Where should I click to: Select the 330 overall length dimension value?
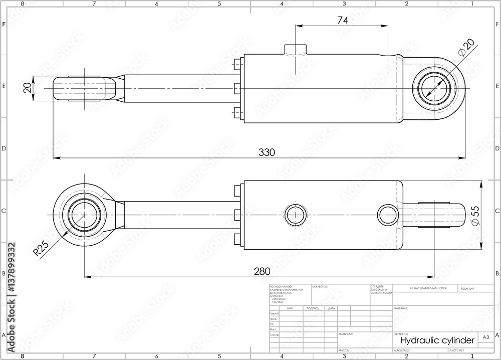coord(266,152)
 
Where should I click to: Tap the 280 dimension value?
coord(262,271)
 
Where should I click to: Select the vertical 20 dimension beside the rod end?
coord(28,88)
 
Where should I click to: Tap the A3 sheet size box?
coord(485,338)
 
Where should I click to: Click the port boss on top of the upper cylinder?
coord(296,49)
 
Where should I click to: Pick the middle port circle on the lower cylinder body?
coord(295,215)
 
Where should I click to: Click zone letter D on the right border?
coord(496,148)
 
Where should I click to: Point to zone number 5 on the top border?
coord(219,4)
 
